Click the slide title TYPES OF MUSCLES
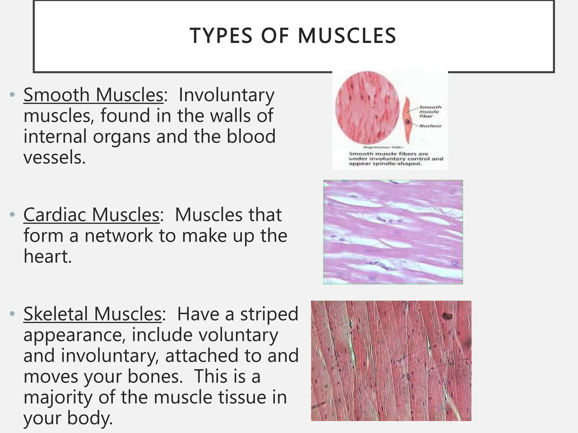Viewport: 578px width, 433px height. click(x=293, y=36)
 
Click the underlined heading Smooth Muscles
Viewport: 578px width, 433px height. click(x=93, y=95)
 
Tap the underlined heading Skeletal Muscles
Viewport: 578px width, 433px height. click(x=93, y=314)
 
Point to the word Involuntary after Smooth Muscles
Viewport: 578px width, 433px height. click(x=226, y=95)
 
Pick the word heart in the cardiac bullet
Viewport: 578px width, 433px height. click(x=47, y=257)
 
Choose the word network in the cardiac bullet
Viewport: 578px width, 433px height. click(x=119, y=236)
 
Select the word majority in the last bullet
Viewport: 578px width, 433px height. click(x=58, y=397)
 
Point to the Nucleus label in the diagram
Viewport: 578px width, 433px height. click(x=430, y=126)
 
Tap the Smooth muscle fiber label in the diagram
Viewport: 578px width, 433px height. click(x=430, y=111)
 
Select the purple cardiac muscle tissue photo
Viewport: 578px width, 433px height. click(x=393, y=232)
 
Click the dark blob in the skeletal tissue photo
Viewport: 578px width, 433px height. click(x=447, y=316)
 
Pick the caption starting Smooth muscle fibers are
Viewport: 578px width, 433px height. click(x=396, y=159)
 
